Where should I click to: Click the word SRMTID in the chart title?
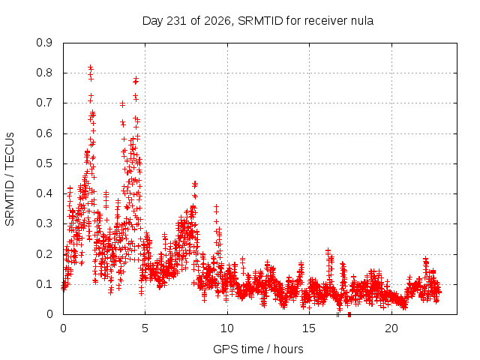coord(260,21)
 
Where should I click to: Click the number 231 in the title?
coord(176,21)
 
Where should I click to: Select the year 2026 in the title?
coord(217,21)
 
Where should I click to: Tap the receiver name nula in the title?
coord(362,21)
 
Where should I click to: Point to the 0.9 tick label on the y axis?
coord(44,43)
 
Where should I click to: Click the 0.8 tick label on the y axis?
coord(44,73)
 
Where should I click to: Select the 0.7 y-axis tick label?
coord(44,103)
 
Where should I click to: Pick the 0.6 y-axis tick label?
coord(44,133)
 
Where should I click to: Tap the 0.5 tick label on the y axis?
coord(44,163)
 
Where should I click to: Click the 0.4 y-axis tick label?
coord(44,193)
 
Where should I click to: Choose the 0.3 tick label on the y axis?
coord(44,223)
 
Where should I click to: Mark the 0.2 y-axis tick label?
coord(44,254)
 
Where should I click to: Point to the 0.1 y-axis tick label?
coord(44,284)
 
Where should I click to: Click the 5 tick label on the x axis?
coord(145,328)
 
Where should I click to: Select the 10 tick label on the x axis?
coord(227,328)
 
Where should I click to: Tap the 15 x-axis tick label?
coord(309,328)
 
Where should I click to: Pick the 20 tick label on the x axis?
coord(391,328)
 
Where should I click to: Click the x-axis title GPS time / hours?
coord(258,349)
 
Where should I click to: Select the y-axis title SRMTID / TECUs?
coord(10,179)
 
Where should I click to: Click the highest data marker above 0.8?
coord(90,67)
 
